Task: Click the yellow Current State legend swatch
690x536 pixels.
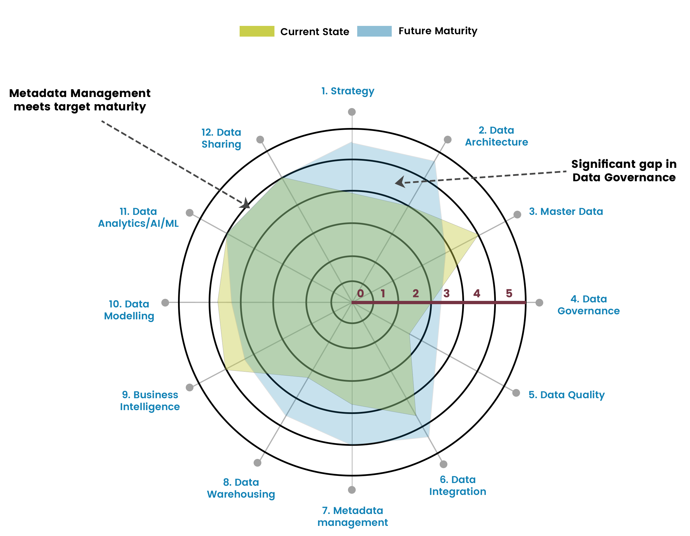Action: pyautogui.click(x=257, y=31)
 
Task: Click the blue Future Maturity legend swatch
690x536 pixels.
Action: pyautogui.click(x=374, y=31)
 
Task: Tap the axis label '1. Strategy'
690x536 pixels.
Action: pyautogui.click(x=348, y=91)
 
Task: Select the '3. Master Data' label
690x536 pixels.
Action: pyautogui.click(x=566, y=211)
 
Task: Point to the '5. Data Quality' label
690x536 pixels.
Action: pyautogui.click(x=566, y=395)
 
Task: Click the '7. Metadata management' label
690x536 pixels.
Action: pyautogui.click(x=352, y=516)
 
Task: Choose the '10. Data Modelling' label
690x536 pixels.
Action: pyautogui.click(x=129, y=310)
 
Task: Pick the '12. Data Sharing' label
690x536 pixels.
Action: pyautogui.click(x=221, y=138)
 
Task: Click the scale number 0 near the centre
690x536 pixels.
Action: pyautogui.click(x=360, y=293)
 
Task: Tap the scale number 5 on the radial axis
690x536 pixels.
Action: pyautogui.click(x=509, y=293)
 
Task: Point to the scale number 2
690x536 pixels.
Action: pyautogui.click(x=416, y=293)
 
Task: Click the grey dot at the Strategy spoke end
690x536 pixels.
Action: pyautogui.click(x=352, y=112)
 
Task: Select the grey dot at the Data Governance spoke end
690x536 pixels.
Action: pyautogui.click(x=539, y=303)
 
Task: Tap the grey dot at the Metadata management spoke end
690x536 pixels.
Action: pyautogui.click(x=352, y=490)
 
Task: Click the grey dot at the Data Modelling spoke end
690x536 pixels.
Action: pyautogui.click(x=165, y=303)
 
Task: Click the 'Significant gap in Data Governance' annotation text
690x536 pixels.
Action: pyautogui.click(x=624, y=171)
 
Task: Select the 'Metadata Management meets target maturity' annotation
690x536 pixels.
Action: pyautogui.click(x=79, y=100)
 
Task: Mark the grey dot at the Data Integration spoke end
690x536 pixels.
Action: pyautogui.click(x=444, y=464)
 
